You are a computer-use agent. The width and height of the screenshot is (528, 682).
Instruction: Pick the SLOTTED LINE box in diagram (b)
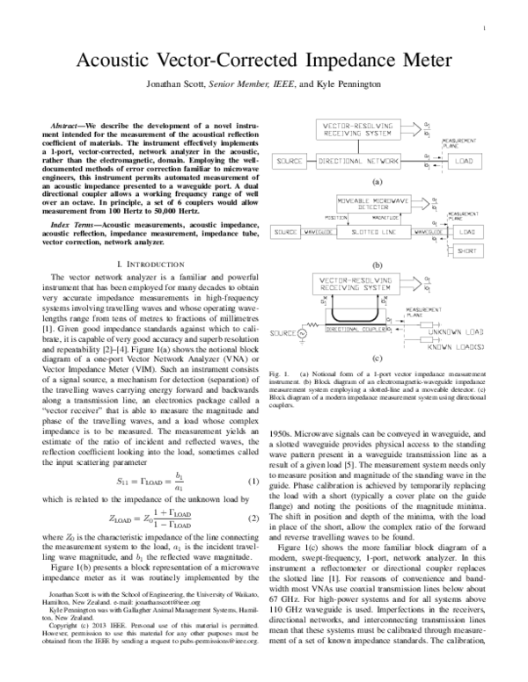(377, 231)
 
